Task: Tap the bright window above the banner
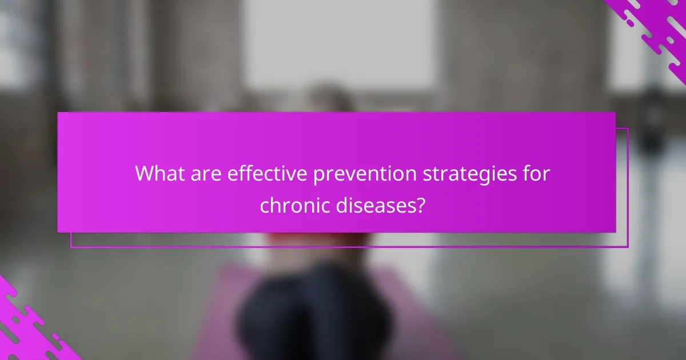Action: point(337,46)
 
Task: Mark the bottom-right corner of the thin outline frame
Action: point(628,247)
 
